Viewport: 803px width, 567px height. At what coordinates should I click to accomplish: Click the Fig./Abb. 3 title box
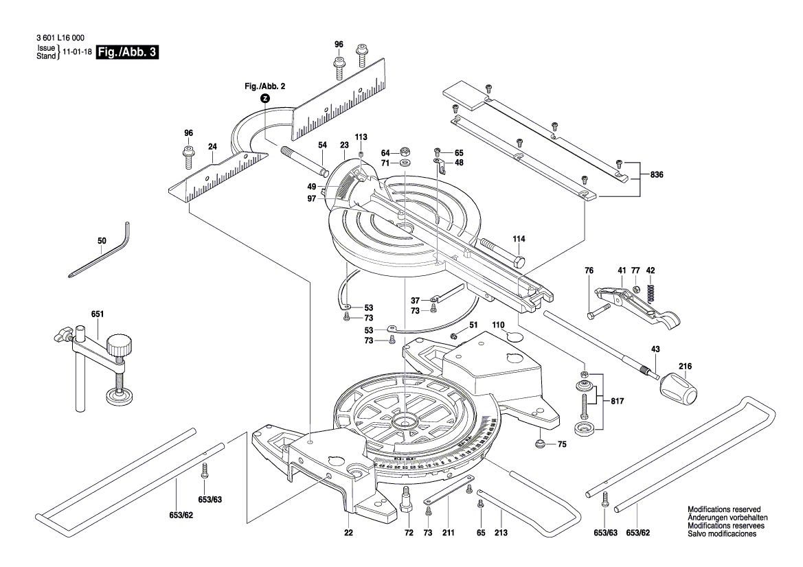pyautogui.click(x=128, y=52)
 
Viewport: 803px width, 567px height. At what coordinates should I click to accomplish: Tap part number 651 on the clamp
pyautogui.click(x=98, y=314)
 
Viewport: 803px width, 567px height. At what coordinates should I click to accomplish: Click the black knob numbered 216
pyautogui.click(x=679, y=391)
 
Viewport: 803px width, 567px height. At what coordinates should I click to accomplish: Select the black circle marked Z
pyautogui.click(x=265, y=98)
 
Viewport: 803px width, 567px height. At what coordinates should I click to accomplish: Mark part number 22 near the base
pyautogui.click(x=349, y=533)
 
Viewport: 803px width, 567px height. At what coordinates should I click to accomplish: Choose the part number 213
pyautogui.click(x=501, y=533)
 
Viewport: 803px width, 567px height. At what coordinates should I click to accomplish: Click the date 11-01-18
pyautogui.click(x=78, y=52)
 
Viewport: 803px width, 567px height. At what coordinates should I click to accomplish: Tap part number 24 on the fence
pyautogui.click(x=212, y=146)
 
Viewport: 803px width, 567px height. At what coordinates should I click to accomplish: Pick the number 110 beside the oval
pyautogui.click(x=498, y=323)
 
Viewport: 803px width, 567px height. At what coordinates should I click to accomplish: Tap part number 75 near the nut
pyautogui.click(x=562, y=445)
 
